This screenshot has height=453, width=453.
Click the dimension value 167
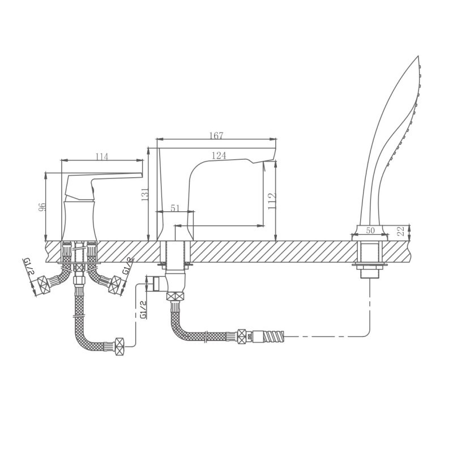(216, 135)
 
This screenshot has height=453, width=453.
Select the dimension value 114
(102, 157)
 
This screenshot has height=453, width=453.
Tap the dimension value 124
(219, 155)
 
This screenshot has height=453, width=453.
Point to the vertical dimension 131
(145, 194)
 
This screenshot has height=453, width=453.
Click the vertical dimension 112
(272, 201)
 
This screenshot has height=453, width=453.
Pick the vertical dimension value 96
(42, 207)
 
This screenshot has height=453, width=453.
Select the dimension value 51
(175, 208)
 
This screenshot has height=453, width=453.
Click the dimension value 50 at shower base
(370, 230)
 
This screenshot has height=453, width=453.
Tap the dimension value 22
(401, 232)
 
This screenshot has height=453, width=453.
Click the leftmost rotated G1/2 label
(28, 266)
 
